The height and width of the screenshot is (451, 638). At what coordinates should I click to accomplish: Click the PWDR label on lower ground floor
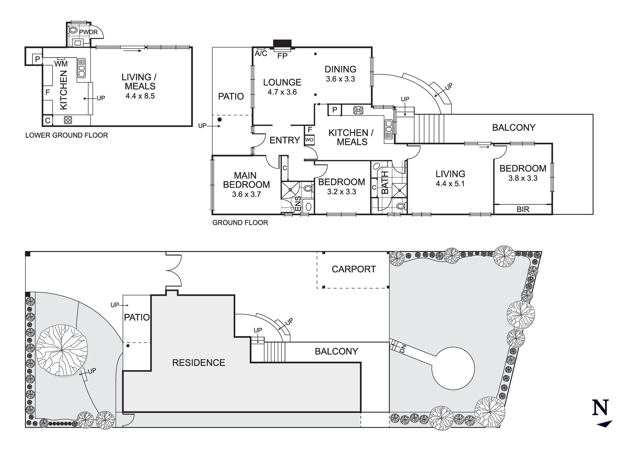click(89, 32)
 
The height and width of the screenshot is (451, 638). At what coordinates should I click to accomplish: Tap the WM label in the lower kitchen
click(61, 64)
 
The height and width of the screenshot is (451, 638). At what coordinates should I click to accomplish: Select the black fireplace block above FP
click(282, 44)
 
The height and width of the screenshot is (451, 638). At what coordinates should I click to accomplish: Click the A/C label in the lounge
click(261, 54)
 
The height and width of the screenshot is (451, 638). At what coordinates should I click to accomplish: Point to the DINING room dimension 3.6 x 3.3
click(340, 79)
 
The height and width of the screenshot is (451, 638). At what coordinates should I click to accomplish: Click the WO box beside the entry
click(309, 140)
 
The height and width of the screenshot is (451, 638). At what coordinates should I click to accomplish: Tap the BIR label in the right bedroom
click(523, 209)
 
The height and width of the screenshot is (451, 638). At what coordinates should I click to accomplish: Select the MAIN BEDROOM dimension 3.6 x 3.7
click(246, 194)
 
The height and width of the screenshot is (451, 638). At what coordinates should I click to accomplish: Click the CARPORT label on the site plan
click(354, 269)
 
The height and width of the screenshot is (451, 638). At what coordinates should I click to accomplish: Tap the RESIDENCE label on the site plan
click(198, 363)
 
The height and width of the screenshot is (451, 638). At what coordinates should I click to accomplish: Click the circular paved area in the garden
click(453, 368)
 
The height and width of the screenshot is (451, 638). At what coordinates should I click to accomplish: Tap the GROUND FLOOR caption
click(240, 223)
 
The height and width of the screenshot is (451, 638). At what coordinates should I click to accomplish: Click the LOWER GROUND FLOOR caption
click(66, 135)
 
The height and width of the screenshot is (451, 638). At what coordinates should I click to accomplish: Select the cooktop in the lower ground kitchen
click(68, 120)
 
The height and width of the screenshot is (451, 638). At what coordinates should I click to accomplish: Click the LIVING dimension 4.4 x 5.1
click(450, 184)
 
